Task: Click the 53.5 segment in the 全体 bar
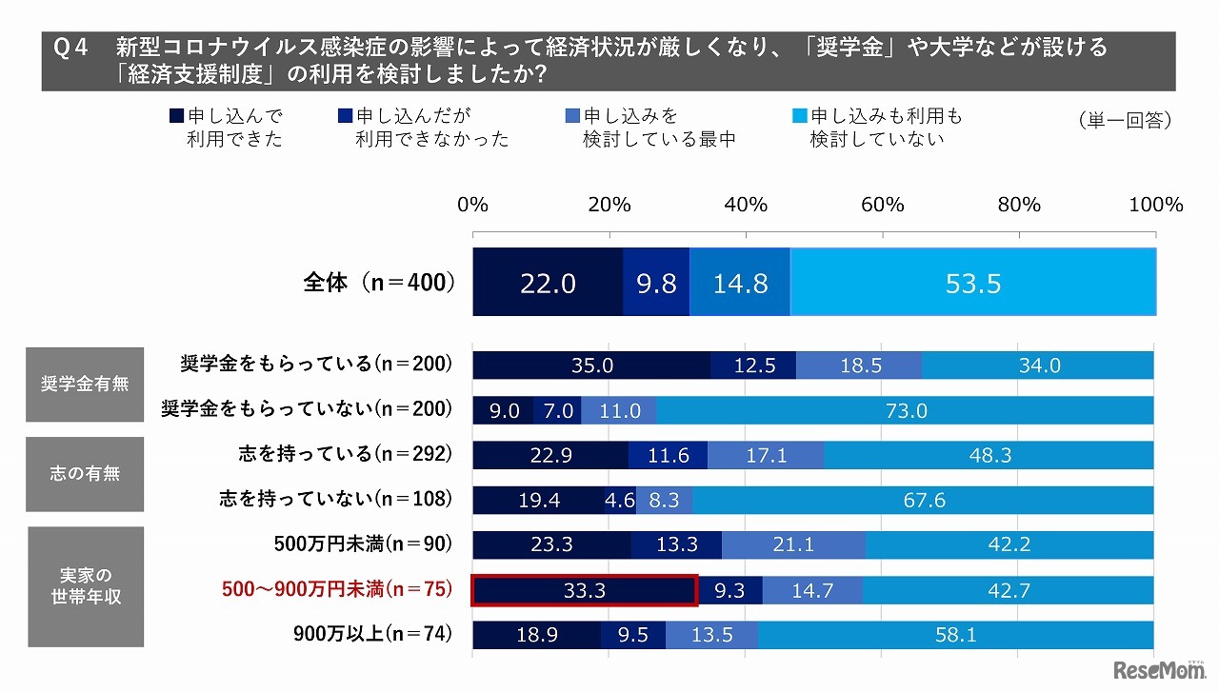pyautogui.click(x=973, y=283)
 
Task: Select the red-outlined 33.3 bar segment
pyautogui.click(x=585, y=590)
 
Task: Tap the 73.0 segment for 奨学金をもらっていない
pyautogui.click(x=905, y=410)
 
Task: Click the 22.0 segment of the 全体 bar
pyautogui.click(x=548, y=283)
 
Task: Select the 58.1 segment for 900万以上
pyautogui.click(x=955, y=635)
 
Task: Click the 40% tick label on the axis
pyautogui.click(x=746, y=206)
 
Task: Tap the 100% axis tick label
pyautogui.click(x=1154, y=206)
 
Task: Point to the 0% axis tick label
pyautogui.click(x=473, y=206)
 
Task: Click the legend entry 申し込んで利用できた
pyautogui.click(x=227, y=128)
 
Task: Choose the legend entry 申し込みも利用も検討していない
pyautogui.click(x=877, y=128)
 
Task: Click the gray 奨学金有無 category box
pyautogui.click(x=85, y=385)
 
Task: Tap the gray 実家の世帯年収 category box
pyautogui.click(x=85, y=586)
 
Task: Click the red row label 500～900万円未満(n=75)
pyautogui.click(x=335, y=590)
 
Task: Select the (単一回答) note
pyautogui.click(x=1125, y=121)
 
